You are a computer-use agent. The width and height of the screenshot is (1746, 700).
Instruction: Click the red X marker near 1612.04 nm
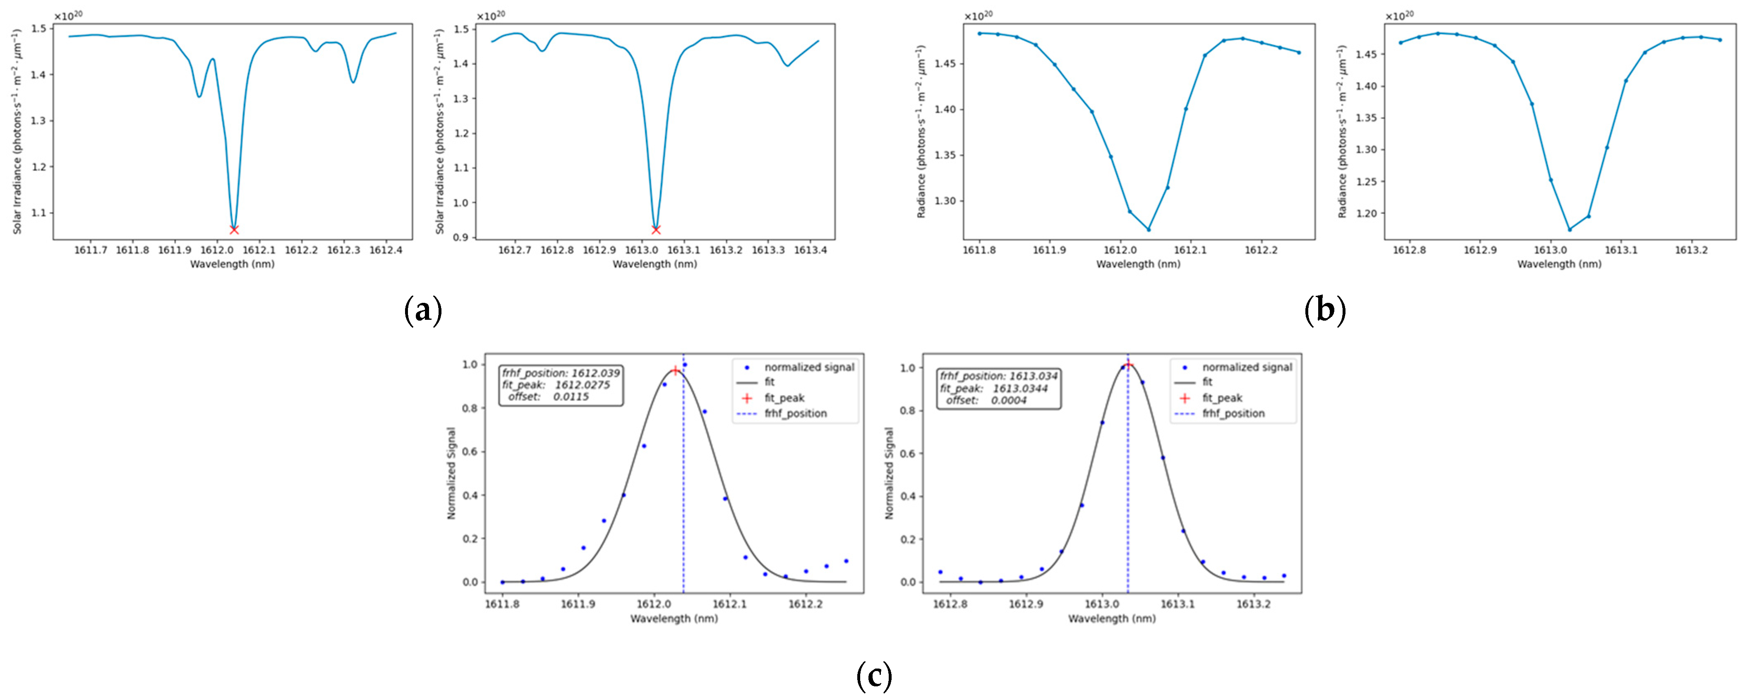[x=234, y=230]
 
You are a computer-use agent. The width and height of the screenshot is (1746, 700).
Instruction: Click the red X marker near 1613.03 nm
[x=655, y=230]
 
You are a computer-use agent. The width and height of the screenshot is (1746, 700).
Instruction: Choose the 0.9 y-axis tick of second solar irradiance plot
[x=461, y=237]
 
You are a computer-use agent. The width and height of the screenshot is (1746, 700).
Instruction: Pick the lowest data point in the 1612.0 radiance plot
[x=1148, y=229]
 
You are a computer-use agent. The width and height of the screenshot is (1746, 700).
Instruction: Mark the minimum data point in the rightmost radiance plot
[x=1569, y=229]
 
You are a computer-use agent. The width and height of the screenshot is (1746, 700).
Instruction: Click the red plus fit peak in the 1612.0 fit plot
[x=675, y=371]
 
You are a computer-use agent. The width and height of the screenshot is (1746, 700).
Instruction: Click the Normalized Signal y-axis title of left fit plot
[x=451, y=473]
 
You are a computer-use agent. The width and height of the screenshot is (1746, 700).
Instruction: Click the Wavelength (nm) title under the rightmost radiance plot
[x=1559, y=264]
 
